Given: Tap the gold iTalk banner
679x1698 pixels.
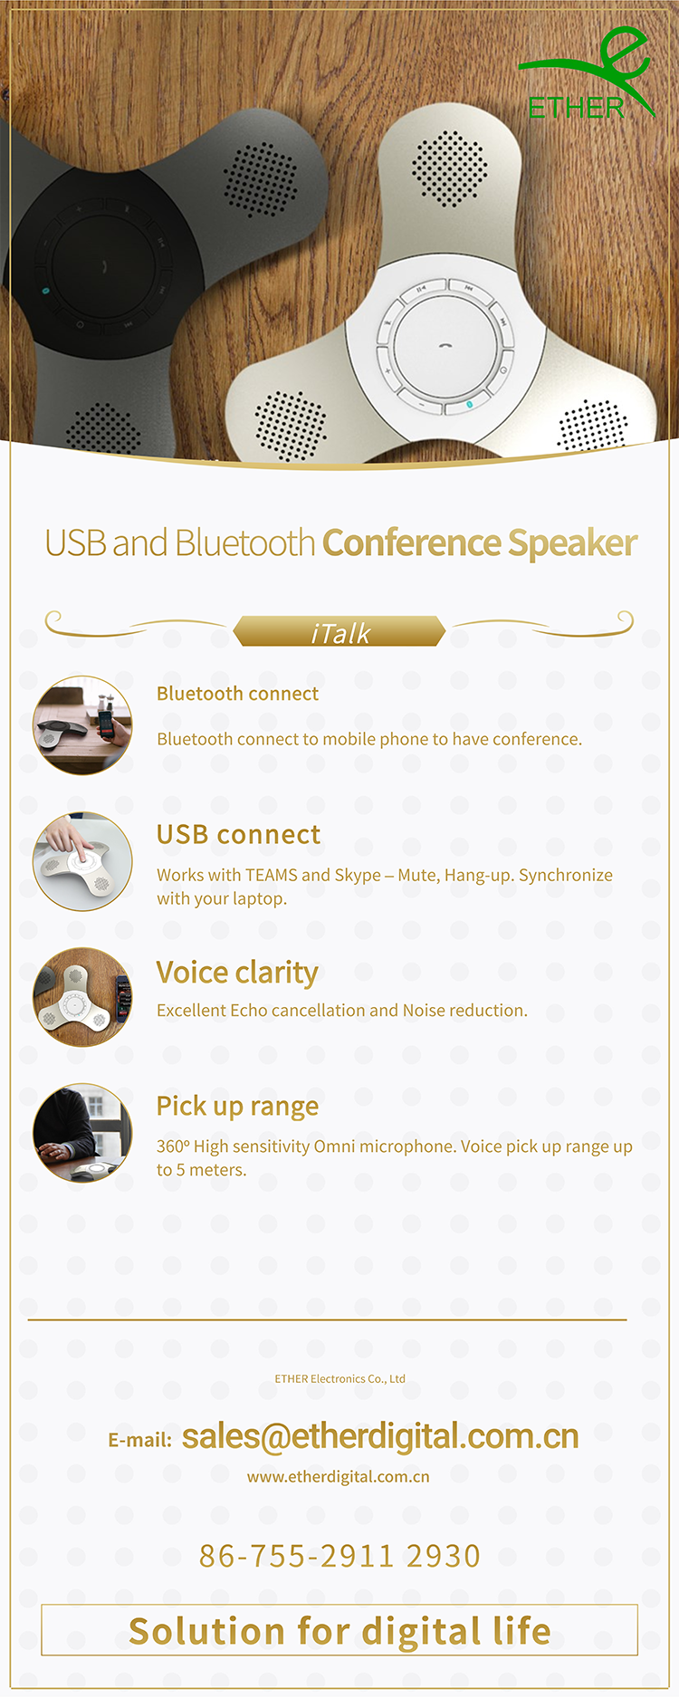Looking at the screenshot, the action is [x=339, y=631].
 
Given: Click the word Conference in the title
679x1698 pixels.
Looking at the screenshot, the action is [x=412, y=542].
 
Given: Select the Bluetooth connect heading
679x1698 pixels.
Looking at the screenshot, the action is [x=237, y=694].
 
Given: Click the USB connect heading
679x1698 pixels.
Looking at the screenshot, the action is [x=238, y=834].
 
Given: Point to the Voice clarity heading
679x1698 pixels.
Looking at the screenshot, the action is [x=237, y=973].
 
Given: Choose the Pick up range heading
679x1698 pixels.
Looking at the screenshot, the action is [x=237, y=1107].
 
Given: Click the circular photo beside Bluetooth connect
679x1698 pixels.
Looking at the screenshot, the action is [x=82, y=725].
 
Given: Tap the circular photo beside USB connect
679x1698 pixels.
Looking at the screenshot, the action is [x=82, y=861].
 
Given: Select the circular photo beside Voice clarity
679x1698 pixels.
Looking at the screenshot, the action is [x=82, y=997].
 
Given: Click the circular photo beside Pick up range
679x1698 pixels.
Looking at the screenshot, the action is [x=82, y=1133].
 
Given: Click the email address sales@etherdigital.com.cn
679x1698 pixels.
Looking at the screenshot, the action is [x=380, y=1436].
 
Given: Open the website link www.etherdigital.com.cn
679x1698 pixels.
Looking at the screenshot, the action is [x=339, y=1477].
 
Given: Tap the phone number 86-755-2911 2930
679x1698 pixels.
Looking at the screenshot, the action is [x=339, y=1556].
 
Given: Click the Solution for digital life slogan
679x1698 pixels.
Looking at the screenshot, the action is [x=339, y=1631].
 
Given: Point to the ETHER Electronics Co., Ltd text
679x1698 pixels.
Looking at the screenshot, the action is [x=339, y=1379].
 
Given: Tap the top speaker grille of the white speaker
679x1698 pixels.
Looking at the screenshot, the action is [x=449, y=168].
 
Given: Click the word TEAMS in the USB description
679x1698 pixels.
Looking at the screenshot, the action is [x=271, y=875].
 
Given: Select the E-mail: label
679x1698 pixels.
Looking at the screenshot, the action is [x=139, y=1440].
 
